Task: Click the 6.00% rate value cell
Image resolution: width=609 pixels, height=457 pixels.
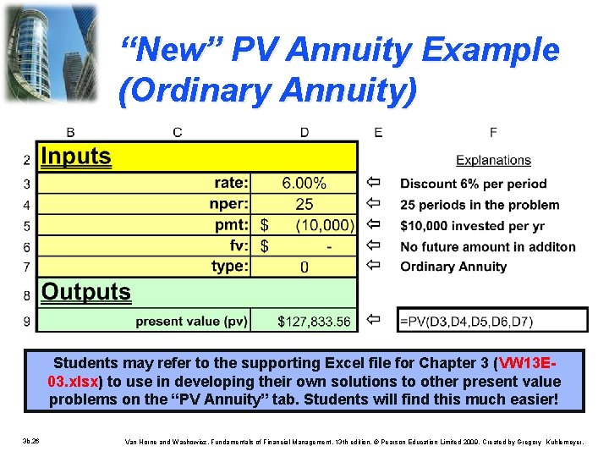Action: (304, 183)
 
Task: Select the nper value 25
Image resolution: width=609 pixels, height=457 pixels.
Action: (304, 204)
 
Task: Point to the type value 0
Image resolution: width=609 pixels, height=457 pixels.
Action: (304, 267)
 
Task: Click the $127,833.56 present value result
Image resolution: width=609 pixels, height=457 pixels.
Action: (314, 322)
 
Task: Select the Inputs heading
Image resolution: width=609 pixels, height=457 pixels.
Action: (76, 157)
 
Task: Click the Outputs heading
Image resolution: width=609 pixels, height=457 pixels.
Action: (86, 293)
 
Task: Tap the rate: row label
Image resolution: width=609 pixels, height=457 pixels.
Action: (231, 183)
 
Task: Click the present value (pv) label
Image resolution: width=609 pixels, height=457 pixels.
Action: (191, 322)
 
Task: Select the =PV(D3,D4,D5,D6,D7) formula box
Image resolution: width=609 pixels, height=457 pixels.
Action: (491, 321)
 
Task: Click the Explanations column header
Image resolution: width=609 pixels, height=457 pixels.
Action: (493, 160)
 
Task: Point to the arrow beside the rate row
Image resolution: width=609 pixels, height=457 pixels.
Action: (374, 183)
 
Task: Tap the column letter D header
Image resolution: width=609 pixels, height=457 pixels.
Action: (304, 132)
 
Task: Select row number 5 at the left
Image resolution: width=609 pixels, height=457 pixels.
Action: (27, 226)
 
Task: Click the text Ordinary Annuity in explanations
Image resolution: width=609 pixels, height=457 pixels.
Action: (453, 267)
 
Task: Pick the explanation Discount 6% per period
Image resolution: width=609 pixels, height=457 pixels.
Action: (473, 184)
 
